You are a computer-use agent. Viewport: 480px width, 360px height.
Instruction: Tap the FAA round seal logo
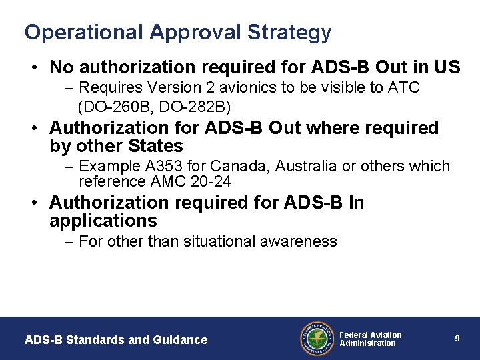(317, 339)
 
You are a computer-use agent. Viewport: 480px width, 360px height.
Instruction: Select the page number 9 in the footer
(457, 339)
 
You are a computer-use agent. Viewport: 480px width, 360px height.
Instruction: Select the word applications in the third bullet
(103, 221)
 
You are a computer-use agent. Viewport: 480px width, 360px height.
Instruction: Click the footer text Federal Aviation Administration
(370, 339)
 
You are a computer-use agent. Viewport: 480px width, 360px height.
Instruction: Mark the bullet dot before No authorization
(33, 67)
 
